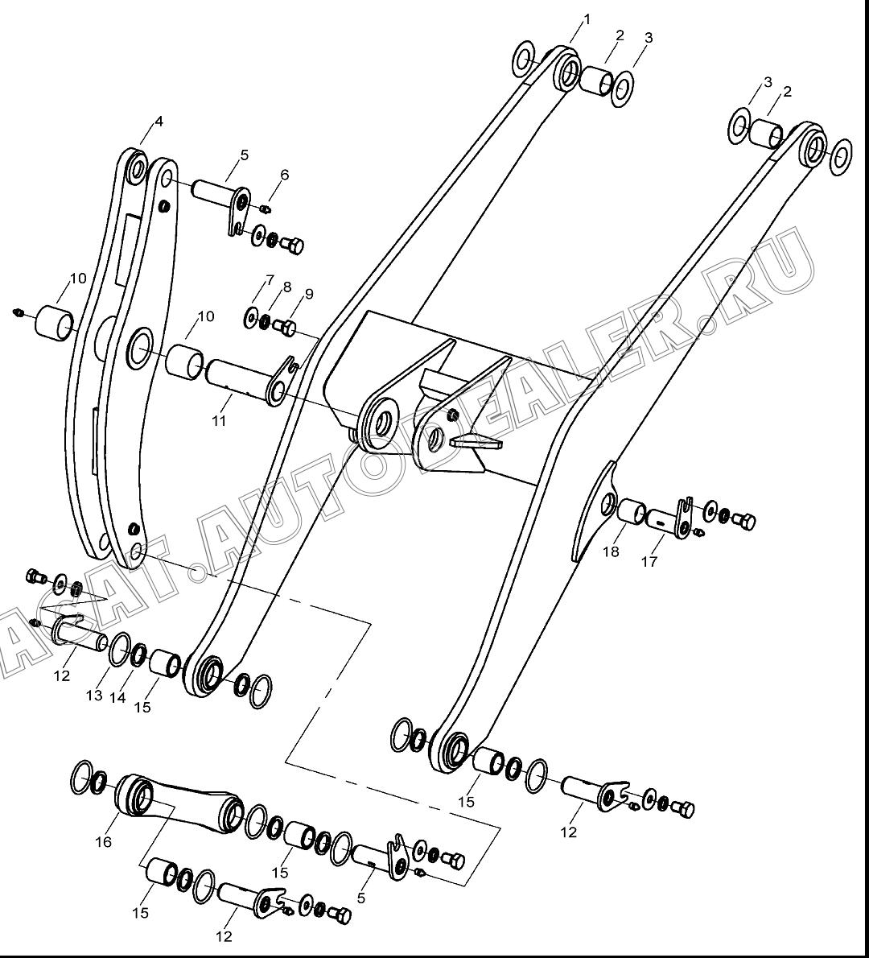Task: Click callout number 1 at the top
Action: click(x=587, y=19)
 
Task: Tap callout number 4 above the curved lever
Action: click(x=159, y=122)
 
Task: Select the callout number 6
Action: click(x=285, y=175)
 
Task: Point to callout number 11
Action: click(x=219, y=420)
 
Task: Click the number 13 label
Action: click(x=94, y=696)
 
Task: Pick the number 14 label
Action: click(x=117, y=696)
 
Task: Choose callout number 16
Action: click(x=104, y=842)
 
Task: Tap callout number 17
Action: click(x=649, y=561)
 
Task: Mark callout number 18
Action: click(x=611, y=551)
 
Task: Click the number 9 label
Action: click(x=309, y=294)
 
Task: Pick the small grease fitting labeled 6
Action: click(x=265, y=209)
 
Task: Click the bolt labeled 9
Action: click(x=286, y=328)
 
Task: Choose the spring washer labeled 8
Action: click(x=265, y=321)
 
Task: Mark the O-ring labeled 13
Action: click(x=120, y=650)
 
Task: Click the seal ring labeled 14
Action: click(x=139, y=656)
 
